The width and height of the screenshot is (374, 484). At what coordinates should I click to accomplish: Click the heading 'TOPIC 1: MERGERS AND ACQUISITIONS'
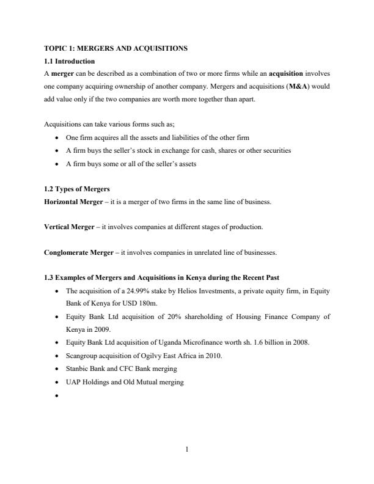(116, 48)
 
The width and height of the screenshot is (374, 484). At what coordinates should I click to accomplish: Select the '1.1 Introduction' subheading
(69, 61)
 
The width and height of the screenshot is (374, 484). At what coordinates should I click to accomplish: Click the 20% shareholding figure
(161, 317)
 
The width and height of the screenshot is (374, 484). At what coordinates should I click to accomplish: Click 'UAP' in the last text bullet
(73, 382)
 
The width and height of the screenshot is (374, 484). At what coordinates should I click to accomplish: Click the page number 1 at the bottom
(187, 450)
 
